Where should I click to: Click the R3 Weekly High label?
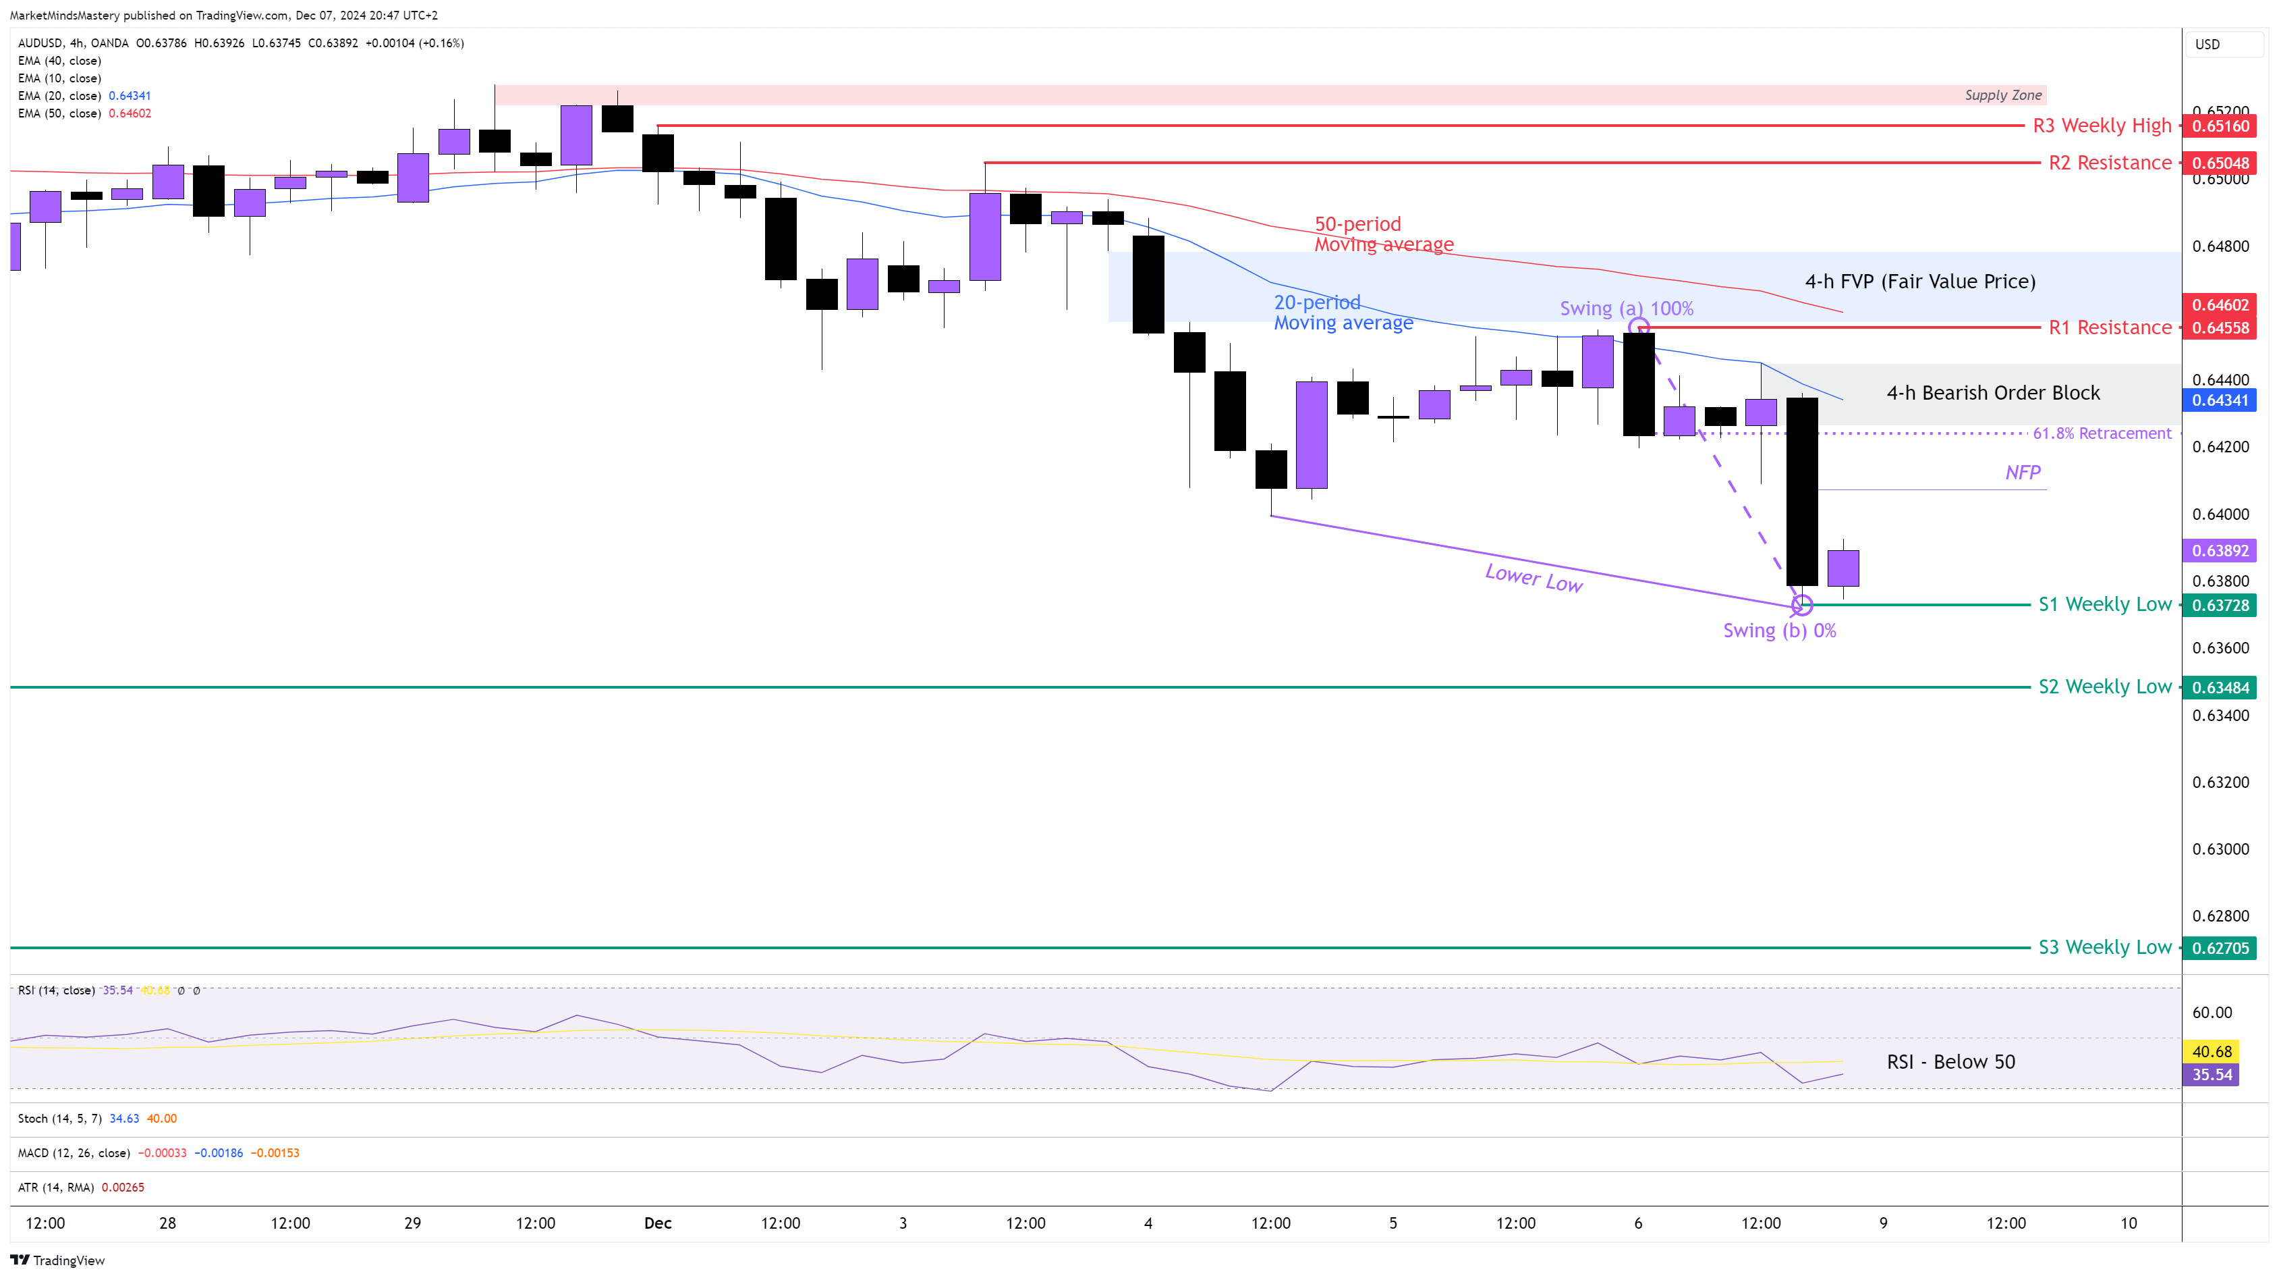pyautogui.click(x=2101, y=126)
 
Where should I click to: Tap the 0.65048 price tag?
pyautogui.click(x=2220, y=163)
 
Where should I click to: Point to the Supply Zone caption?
pyautogui.click(x=2003, y=95)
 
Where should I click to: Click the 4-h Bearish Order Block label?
pyautogui.click(x=1992, y=392)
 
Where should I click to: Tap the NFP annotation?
pyautogui.click(x=2023, y=472)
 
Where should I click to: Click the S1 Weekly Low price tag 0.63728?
pyautogui.click(x=2220, y=606)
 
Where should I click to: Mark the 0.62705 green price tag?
pyautogui.click(x=2220, y=948)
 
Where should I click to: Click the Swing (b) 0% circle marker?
pyautogui.click(x=1802, y=606)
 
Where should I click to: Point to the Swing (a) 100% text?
pyautogui.click(x=1626, y=308)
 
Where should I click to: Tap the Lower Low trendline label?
pyautogui.click(x=1534, y=578)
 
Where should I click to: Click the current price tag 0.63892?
pyautogui.click(x=2220, y=550)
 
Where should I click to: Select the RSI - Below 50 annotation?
pyautogui.click(x=1950, y=1061)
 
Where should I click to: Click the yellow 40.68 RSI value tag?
pyautogui.click(x=2212, y=1051)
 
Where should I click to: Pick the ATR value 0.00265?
pyautogui.click(x=123, y=1187)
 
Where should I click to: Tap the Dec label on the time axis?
pyautogui.click(x=657, y=1223)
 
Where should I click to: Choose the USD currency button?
pyautogui.click(x=2207, y=45)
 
